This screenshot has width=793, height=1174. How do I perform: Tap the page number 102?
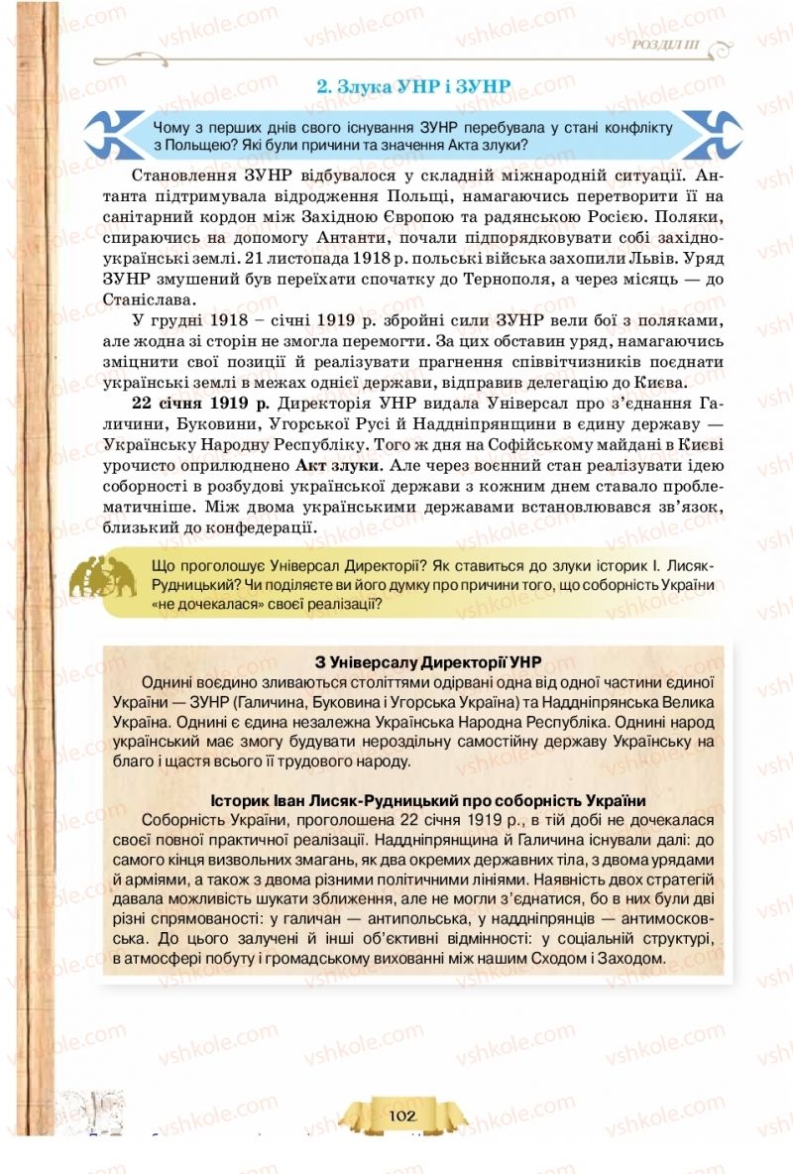click(402, 1115)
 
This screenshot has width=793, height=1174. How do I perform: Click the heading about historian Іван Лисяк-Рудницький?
click(428, 800)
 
